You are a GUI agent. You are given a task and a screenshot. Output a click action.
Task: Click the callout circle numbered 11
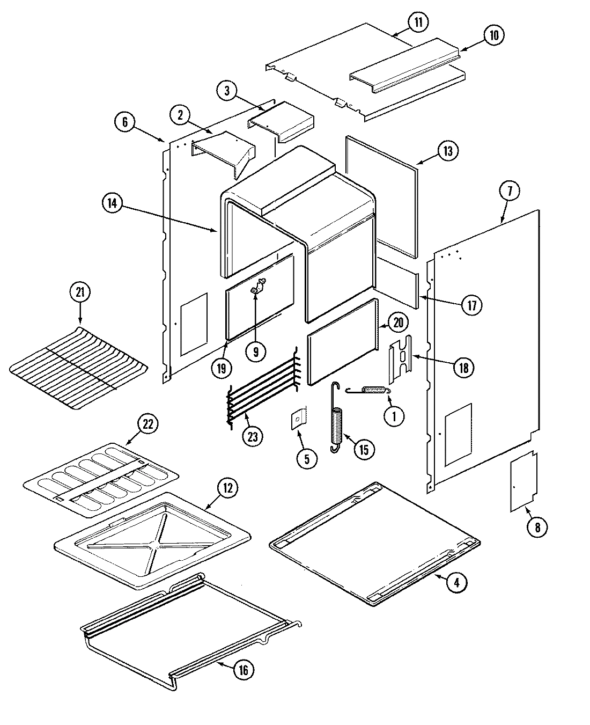(418, 23)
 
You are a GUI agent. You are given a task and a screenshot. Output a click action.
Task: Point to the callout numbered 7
(509, 190)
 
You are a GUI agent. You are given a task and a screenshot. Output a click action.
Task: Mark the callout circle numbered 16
(242, 670)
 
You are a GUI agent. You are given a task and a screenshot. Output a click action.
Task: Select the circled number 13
(448, 151)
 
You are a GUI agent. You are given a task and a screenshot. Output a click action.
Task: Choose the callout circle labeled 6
(124, 122)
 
